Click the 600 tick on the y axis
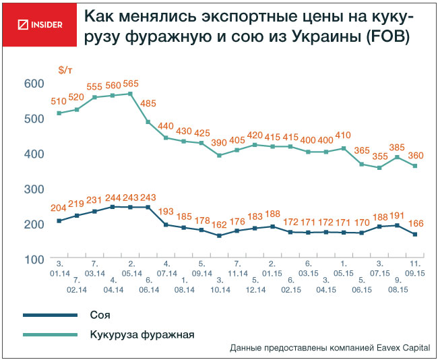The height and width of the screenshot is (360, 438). pyautogui.click(x=34, y=83)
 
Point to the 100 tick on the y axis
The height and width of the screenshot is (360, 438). pyautogui.click(x=34, y=259)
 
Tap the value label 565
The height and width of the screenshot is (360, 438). pyautogui.click(x=131, y=84)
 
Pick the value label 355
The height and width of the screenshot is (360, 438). pyautogui.click(x=379, y=157)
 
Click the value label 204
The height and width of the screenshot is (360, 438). pyautogui.click(x=59, y=208)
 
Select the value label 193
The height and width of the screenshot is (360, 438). pyautogui.click(x=166, y=211)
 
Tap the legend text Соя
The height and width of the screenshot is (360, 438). pyautogui.click(x=100, y=315)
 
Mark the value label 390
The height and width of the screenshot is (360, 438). pyautogui.click(x=219, y=144)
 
